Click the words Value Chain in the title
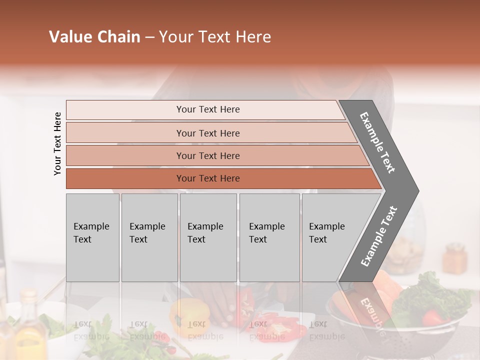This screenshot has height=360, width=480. (x=94, y=37)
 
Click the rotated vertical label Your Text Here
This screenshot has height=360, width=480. (x=57, y=143)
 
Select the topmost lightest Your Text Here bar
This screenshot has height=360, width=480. (x=207, y=109)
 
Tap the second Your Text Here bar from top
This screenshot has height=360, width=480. (x=207, y=133)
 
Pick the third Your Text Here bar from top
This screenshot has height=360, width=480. (x=207, y=155)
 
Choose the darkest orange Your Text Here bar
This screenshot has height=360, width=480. (x=207, y=178)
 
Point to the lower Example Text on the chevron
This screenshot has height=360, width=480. (x=378, y=236)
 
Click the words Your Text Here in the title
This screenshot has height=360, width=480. (x=215, y=37)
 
